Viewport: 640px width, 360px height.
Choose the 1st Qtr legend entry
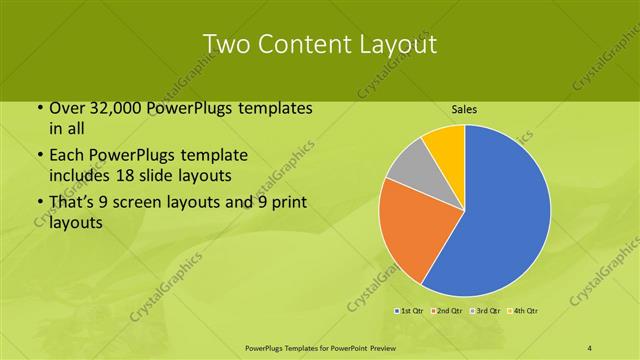[411, 312]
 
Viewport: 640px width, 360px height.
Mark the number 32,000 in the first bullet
[113, 108]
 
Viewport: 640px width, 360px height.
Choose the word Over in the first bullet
[67, 108]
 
